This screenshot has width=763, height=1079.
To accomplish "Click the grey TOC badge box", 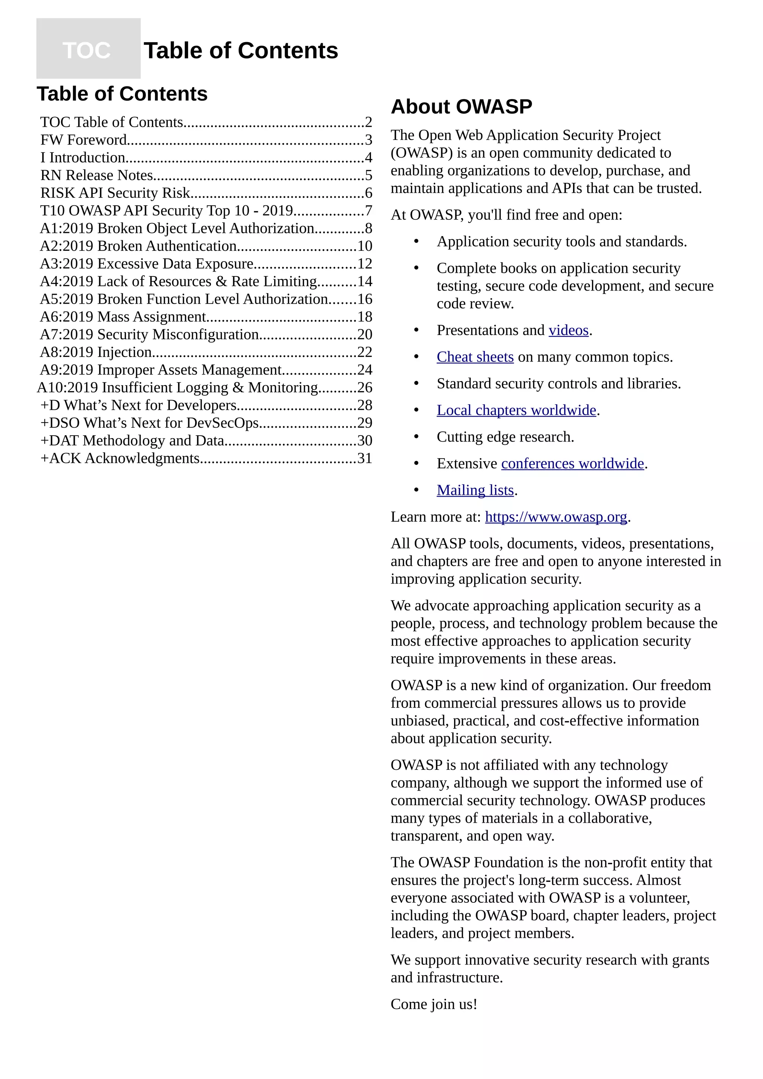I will coord(88,48).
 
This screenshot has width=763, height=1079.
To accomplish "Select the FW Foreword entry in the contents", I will coord(83,140).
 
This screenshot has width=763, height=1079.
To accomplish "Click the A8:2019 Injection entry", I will coord(96,352).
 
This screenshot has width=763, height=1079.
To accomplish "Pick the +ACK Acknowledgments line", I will coord(120,458).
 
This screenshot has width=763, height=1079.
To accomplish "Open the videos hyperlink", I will coord(568,330).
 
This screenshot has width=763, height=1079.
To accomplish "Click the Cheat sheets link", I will coord(475,357).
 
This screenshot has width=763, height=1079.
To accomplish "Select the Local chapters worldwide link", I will coord(516,410).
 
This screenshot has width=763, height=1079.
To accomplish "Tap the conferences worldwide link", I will coord(572,464).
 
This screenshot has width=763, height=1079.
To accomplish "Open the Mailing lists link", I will coord(475,490).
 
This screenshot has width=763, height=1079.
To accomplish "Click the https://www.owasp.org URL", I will coord(555,517).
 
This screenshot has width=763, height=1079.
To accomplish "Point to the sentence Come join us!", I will coord(433,1004).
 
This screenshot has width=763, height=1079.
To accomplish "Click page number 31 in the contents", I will coord(365,458).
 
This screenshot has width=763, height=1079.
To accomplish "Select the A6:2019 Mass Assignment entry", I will coord(123,317).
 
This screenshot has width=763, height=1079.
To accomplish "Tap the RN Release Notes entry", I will coord(97,175).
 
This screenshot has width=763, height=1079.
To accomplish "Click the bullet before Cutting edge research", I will coord(416,437).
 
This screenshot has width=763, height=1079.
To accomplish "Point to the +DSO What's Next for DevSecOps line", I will coord(149,423).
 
